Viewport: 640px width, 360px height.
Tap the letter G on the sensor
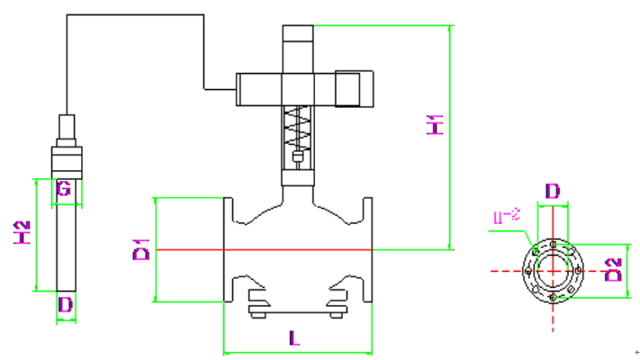[x=63, y=188]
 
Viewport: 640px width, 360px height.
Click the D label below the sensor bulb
[x=64, y=305]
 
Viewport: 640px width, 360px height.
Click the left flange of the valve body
[x=228, y=251]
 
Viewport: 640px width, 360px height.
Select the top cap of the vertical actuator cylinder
[x=297, y=33]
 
